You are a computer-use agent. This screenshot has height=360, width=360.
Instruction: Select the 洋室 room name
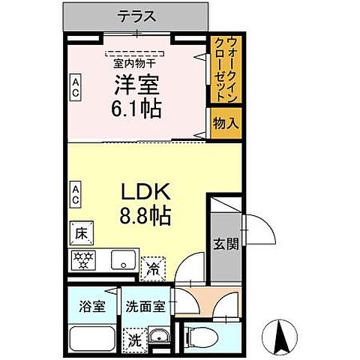pos(138,85)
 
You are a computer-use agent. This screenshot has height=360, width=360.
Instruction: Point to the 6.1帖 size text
pos(138,109)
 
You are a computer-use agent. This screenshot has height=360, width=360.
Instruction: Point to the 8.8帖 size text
pos(145,217)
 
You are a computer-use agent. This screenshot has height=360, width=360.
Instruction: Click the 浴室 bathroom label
pos(93,306)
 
